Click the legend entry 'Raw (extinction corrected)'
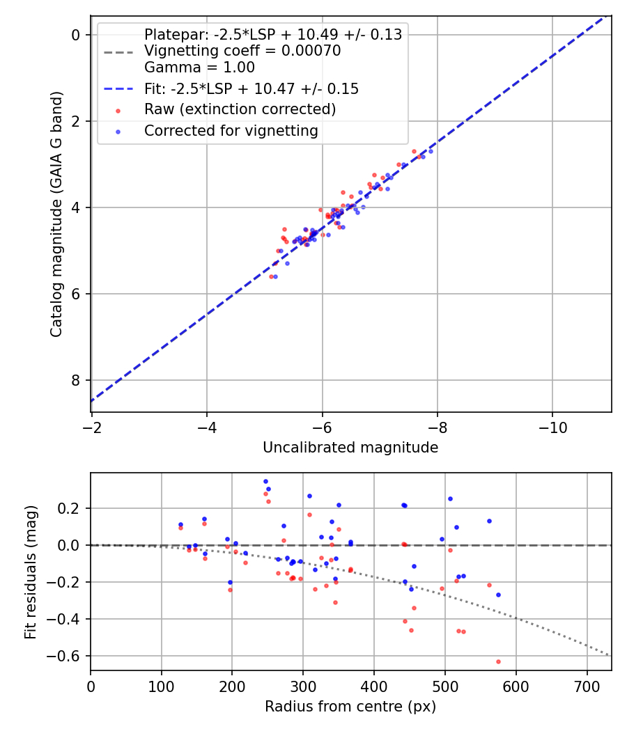coord(240,109)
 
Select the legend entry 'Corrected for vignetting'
coord(231,131)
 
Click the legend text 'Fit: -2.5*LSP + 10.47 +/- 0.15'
coord(251,88)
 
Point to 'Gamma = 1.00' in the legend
coord(199,68)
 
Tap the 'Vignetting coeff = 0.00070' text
coord(242,51)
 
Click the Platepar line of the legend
coord(272,35)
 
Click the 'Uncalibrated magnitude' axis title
coord(350,448)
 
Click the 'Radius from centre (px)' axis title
coord(350,707)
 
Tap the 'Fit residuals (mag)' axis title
coord(30,572)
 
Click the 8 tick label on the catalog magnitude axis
coord(77,380)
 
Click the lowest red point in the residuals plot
coord(498,661)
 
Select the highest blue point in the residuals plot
coord(265,481)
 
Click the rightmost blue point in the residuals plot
coord(498,595)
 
